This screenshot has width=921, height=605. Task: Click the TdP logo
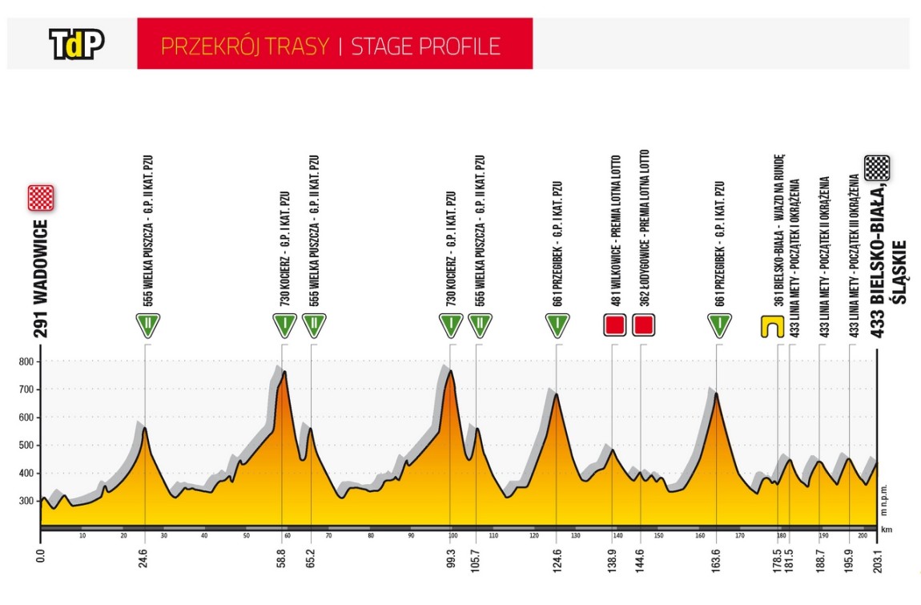(77, 45)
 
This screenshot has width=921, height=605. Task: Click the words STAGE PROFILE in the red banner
(426, 46)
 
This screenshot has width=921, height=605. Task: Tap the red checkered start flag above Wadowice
(41, 197)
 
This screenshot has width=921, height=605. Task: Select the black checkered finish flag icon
(878, 167)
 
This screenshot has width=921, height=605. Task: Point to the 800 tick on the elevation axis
(26, 361)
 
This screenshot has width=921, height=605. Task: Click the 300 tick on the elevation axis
(26, 501)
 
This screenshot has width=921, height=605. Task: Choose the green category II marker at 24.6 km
(147, 325)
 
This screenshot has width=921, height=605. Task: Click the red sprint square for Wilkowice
(614, 325)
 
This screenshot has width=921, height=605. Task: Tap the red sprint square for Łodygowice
(643, 325)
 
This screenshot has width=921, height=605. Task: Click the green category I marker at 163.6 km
(719, 325)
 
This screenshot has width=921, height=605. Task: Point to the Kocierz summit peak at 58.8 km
(284, 372)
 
